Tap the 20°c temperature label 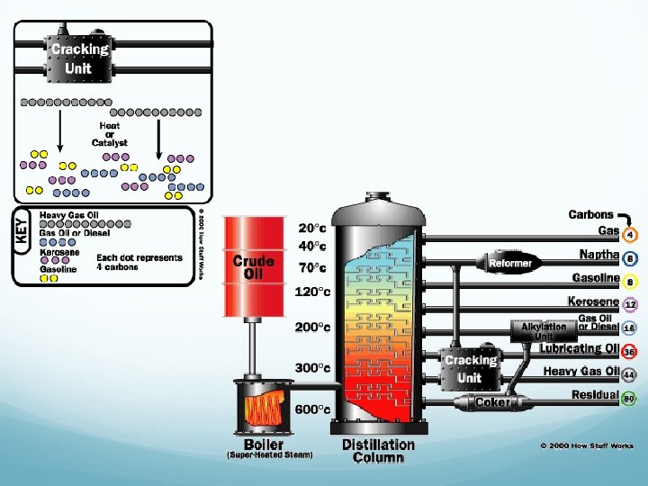coord(312,228)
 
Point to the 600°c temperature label coord(312,409)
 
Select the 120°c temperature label coord(312,291)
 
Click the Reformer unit coord(510,263)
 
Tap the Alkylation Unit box coord(544,330)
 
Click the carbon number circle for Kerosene coord(630,305)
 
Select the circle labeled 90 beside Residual coord(630,398)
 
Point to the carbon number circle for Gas coord(630,236)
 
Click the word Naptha coord(598,255)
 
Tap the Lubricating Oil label coord(580,349)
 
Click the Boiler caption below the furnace coord(264,444)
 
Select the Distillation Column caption coord(378,450)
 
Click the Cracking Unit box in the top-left coord(78,58)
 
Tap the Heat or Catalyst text coord(111,134)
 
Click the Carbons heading coord(590,215)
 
